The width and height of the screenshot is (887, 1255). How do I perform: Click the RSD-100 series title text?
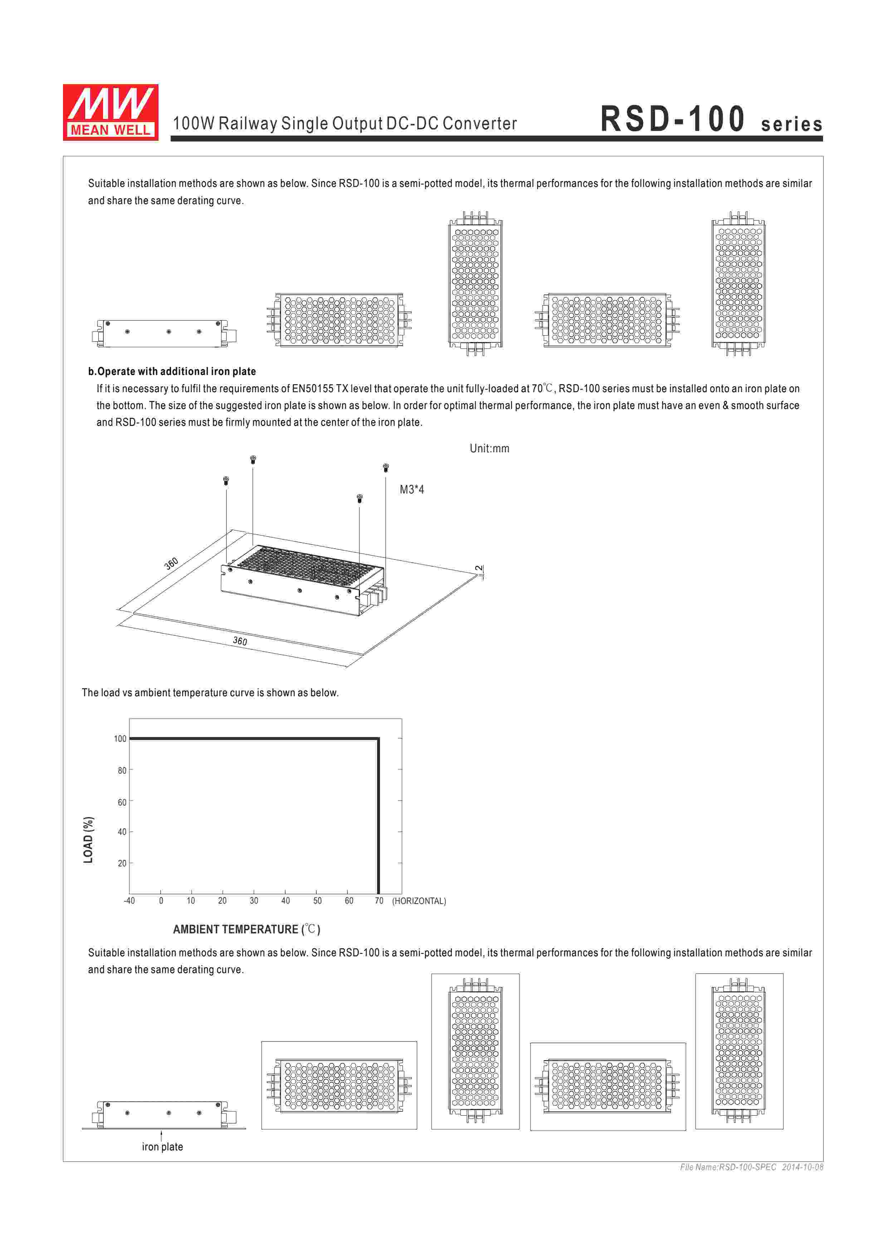711,120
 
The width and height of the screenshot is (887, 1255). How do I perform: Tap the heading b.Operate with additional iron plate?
172,372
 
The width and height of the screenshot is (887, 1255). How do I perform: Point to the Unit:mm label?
489,449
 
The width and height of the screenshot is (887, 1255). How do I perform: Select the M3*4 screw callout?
412,490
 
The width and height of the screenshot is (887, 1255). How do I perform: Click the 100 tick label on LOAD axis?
120,739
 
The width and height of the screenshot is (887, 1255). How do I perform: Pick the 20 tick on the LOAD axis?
122,864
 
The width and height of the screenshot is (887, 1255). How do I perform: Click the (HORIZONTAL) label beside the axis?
419,901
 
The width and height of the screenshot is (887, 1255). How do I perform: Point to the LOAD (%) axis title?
88,840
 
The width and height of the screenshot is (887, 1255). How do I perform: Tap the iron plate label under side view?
162,1147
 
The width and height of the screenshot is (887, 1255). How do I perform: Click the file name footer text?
751,1167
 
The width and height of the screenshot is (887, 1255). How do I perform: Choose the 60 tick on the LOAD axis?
122,802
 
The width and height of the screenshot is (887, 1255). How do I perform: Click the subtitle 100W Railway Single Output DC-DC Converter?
345,124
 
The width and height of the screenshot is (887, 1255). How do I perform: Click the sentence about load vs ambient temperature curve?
210,693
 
